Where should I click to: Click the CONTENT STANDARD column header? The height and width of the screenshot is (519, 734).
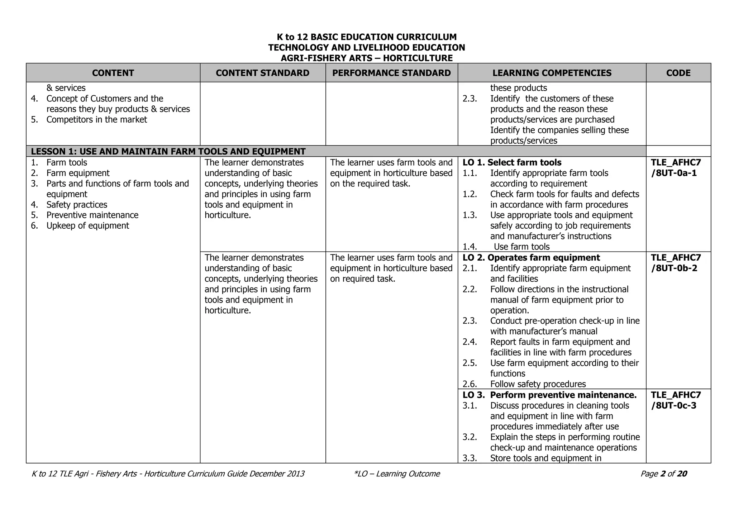click(x=262, y=73)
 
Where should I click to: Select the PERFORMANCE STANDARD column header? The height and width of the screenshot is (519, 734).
click(x=391, y=73)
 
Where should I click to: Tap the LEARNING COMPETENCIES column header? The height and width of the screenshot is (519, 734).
click(x=552, y=73)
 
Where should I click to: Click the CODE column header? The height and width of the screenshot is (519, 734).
click(x=678, y=73)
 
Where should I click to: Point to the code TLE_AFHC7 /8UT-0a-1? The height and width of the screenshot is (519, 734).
click(x=676, y=168)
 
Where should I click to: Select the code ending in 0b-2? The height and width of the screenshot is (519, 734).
click(x=676, y=263)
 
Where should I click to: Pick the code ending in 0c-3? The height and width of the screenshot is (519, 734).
click(x=676, y=400)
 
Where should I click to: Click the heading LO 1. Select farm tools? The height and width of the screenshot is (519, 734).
click(x=512, y=162)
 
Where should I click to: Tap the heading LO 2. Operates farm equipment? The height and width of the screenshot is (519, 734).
click(x=531, y=258)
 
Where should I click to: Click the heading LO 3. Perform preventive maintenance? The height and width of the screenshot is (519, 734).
click(x=549, y=395)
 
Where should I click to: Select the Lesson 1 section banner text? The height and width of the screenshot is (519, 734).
click(x=168, y=151)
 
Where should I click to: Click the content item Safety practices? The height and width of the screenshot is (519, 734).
click(x=77, y=205)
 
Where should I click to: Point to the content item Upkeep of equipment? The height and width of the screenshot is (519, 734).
click(x=87, y=226)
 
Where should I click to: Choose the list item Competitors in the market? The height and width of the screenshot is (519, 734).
click(x=96, y=120)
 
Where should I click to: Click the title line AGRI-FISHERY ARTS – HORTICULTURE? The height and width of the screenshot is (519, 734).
click(x=366, y=58)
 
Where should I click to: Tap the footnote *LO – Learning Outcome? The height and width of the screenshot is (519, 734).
click(x=397, y=474)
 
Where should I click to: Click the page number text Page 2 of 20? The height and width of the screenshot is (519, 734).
click(x=663, y=474)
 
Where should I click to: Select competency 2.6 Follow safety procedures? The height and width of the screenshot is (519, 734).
click(x=538, y=384)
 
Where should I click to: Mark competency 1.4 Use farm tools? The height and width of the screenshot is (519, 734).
click(x=521, y=247)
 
